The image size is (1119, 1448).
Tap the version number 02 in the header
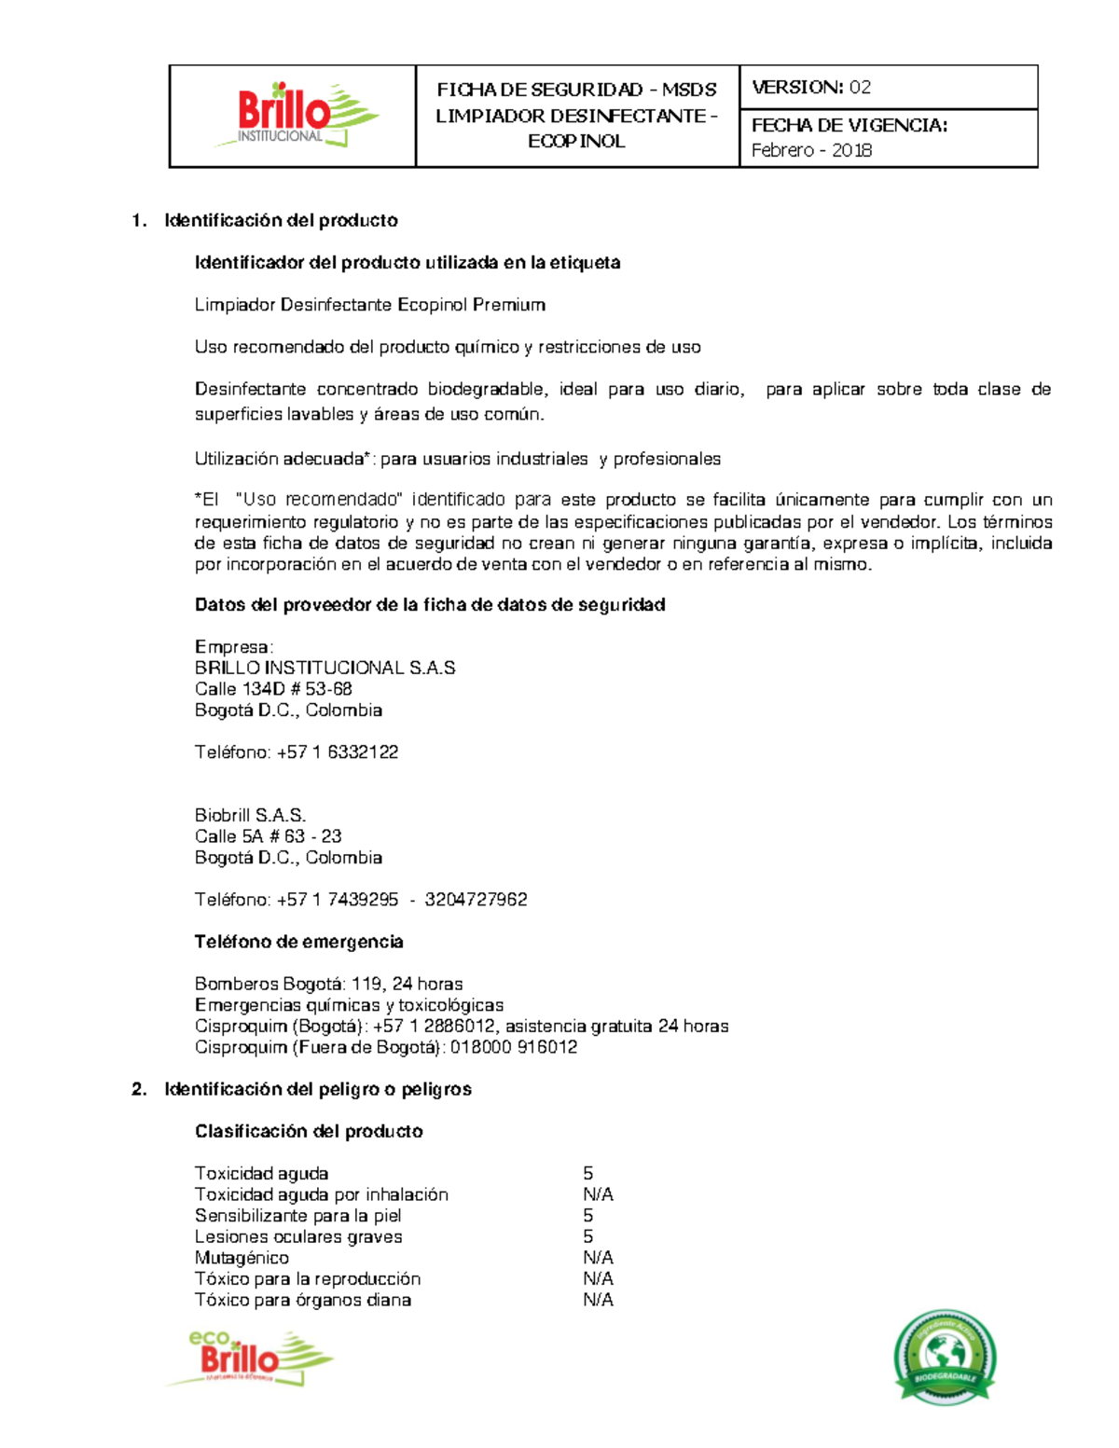(860, 88)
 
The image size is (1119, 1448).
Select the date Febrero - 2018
(811, 150)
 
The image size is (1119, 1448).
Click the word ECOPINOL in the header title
(576, 142)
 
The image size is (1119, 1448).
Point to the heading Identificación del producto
(281, 221)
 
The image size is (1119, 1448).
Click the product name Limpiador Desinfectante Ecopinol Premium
(369, 305)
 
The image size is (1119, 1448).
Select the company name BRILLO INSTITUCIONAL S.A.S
(325, 668)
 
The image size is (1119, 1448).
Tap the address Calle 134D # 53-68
(273, 689)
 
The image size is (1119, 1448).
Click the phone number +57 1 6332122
(338, 752)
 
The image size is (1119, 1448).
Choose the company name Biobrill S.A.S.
(250, 815)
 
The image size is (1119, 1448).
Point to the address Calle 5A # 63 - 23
(268, 836)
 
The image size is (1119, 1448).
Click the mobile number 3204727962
(476, 900)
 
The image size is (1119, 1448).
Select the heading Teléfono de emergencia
(298, 942)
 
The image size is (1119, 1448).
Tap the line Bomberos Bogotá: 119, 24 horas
(328, 984)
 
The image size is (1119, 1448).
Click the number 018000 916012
(514, 1047)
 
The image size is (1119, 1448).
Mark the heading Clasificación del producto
(309, 1131)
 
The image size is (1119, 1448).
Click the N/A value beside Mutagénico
(598, 1258)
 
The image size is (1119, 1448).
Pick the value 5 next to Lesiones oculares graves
(588, 1236)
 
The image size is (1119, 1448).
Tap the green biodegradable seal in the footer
(944, 1357)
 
